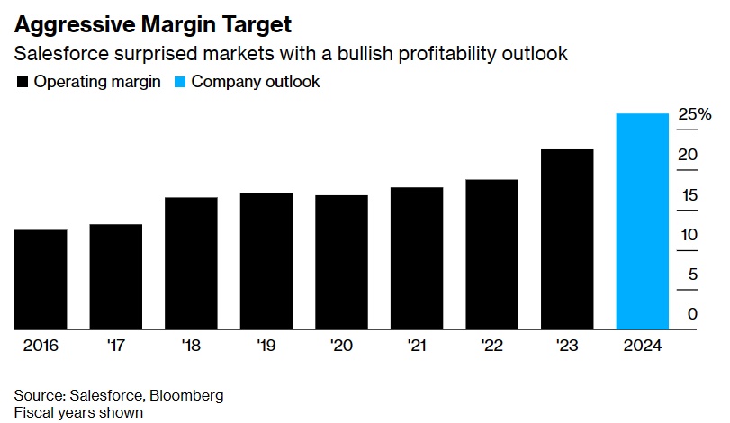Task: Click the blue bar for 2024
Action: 642,221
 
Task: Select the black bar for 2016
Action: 41,279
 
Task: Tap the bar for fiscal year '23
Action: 567,239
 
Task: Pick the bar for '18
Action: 191,263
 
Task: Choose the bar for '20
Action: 341,262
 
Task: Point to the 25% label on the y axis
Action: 695,114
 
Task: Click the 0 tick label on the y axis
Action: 692,314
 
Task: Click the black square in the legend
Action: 22,82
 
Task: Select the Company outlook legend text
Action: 256,82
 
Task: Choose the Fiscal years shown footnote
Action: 78,412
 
